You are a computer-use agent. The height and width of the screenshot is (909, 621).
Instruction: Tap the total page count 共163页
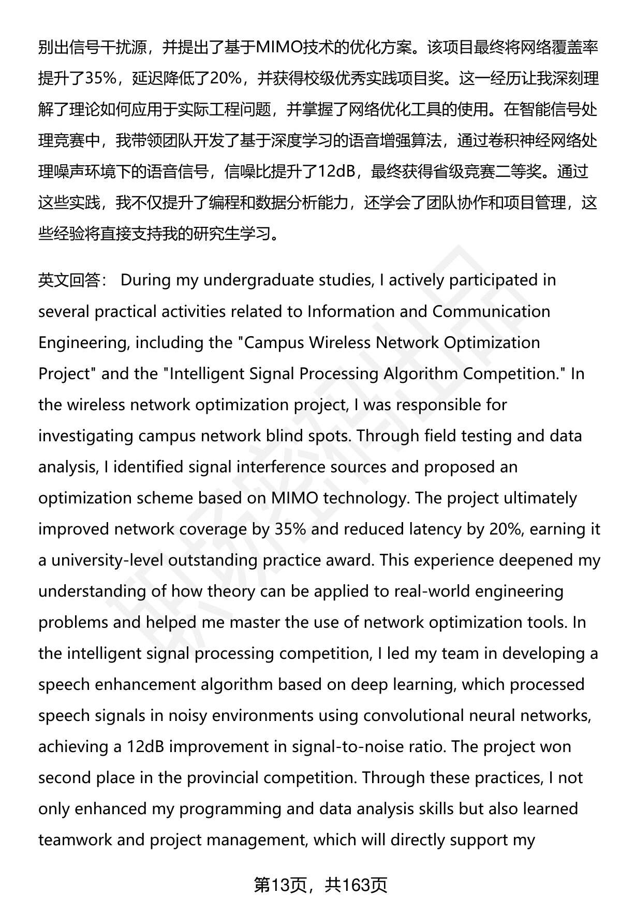(x=356, y=885)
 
